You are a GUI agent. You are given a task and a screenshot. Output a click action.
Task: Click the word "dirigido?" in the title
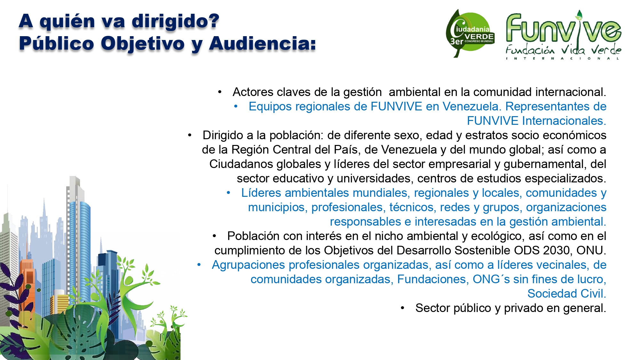point(176,22)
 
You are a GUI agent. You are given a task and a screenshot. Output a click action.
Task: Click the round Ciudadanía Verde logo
point(470,33)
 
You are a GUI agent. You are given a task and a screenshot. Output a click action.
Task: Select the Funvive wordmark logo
point(564,28)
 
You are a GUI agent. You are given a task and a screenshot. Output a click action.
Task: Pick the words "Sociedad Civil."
point(567,293)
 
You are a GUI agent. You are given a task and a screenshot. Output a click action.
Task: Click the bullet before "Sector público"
point(403,308)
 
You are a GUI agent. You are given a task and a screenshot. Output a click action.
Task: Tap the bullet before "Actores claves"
point(220,92)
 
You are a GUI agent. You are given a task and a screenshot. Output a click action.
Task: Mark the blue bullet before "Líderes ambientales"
point(228,193)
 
